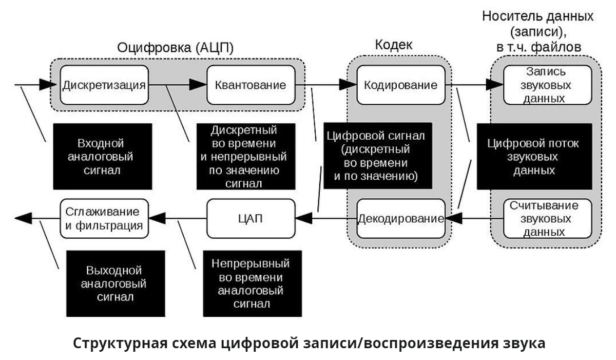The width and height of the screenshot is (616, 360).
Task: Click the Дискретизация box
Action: [x=104, y=85]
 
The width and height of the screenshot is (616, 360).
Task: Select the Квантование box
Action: [x=251, y=85]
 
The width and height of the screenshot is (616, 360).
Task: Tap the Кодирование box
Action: [x=401, y=85]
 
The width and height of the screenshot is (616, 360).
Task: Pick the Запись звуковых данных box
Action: [x=547, y=85]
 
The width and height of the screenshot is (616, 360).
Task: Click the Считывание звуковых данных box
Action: [x=547, y=219]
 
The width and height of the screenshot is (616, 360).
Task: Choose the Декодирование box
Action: [x=401, y=219]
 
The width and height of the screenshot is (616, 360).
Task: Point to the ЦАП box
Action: [x=251, y=219]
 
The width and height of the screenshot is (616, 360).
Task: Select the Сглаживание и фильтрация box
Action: [x=104, y=219]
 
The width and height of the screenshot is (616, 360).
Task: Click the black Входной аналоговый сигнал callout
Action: [x=103, y=157]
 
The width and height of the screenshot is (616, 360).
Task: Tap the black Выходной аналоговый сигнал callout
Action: [x=115, y=283]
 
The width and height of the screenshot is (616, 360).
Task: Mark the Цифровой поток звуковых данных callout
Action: [x=534, y=157]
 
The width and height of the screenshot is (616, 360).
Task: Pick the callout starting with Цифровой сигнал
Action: [x=378, y=156]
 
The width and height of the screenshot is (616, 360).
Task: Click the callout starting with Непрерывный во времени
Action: [x=253, y=283]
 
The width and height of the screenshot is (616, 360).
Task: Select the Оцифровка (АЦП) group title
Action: [x=175, y=48]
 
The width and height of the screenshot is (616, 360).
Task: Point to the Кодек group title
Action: [x=394, y=45]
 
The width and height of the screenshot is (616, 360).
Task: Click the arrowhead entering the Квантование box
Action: [x=198, y=85]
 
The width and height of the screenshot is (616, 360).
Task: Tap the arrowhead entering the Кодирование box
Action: [x=348, y=85]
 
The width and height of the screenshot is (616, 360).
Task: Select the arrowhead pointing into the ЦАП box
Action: [x=303, y=218]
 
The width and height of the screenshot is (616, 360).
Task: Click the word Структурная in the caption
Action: [x=120, y=344]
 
